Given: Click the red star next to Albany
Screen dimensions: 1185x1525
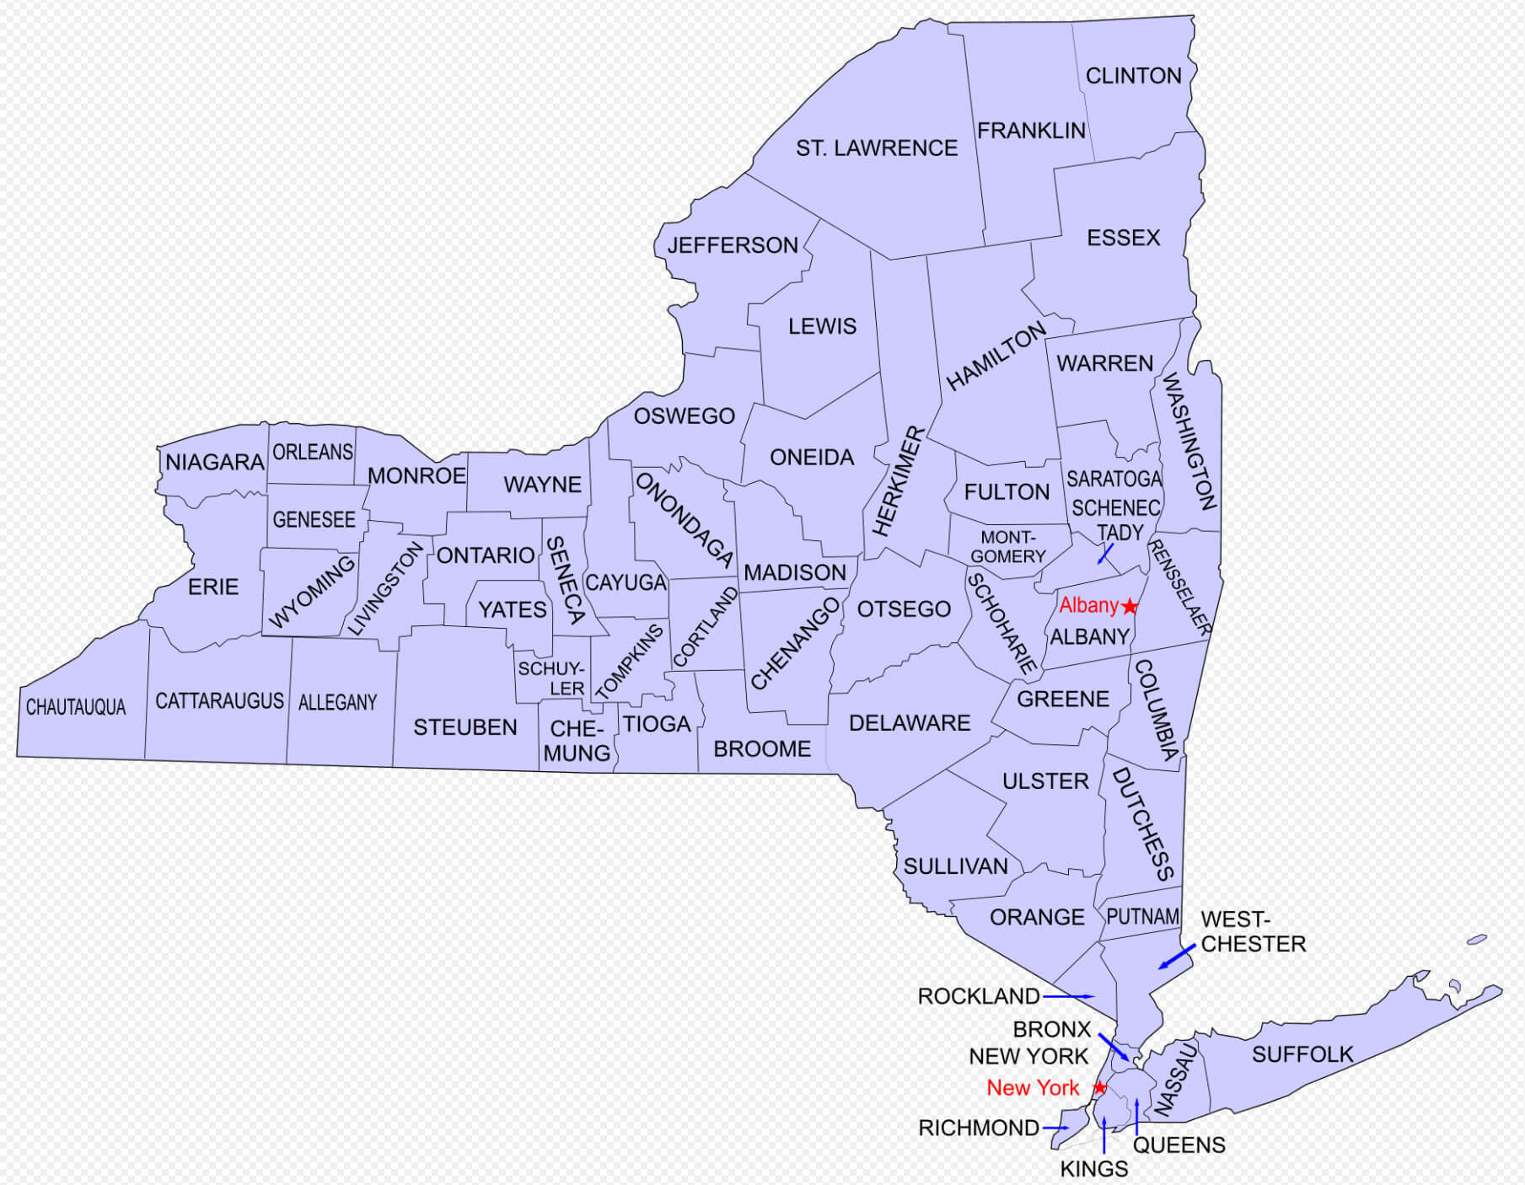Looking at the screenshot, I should tap(1130, 607).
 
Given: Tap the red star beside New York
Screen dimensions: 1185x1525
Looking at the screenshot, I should tap(1099, 1087).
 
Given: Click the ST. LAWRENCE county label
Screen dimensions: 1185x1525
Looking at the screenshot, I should tap(877, 148).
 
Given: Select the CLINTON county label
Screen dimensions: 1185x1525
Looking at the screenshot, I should tap(1133, 76).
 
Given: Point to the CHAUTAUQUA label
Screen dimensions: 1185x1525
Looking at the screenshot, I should tap(76, 707).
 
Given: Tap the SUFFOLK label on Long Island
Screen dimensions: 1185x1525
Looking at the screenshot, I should tap(1302, 1054).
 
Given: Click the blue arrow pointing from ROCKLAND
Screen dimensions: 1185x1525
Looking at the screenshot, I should tap(1068, 996).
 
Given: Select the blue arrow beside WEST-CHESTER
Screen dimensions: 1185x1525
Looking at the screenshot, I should tap(1176, 957).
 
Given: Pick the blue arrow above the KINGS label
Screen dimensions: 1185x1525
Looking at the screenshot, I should tap(1103, 1134).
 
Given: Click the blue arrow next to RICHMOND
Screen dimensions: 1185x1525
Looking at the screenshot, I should tap(1055, 1128).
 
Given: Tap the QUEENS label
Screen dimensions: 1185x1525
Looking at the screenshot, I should tap(1179, 1145).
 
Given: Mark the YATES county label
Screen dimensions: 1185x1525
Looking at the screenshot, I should tap(512, 609).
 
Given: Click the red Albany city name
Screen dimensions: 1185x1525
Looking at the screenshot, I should tap(1088, 605).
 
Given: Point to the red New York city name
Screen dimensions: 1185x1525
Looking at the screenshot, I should tap(1033, 1088).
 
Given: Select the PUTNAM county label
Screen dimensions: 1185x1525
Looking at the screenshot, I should tap(1142, 916).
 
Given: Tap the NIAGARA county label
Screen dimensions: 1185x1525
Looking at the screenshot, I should tap(215, 462).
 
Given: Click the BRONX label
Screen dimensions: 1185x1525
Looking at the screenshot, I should tap(1051, 1029).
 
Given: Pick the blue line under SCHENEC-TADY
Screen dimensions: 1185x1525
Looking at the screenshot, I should tap(1105, 554).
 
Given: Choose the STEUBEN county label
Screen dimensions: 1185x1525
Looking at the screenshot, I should tap(464, 727).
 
